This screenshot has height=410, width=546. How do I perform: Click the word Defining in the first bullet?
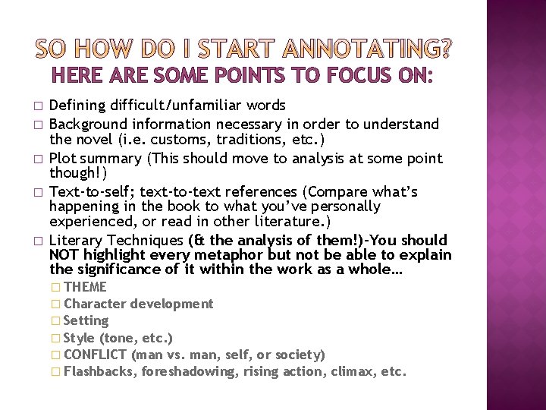point(74,105)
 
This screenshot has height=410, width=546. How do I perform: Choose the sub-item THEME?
point(85,287)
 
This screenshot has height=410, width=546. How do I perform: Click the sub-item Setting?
point(86,320)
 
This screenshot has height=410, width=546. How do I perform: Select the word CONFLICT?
point(96,355)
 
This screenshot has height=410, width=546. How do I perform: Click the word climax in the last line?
point(356,371)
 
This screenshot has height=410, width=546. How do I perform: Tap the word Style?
point(80,338)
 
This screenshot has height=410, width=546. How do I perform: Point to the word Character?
point(95,304)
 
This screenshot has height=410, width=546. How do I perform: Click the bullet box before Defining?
point(36,106)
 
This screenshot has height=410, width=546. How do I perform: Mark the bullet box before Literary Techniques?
point(36,241)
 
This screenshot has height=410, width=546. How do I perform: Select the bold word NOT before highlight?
point(64,255)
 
